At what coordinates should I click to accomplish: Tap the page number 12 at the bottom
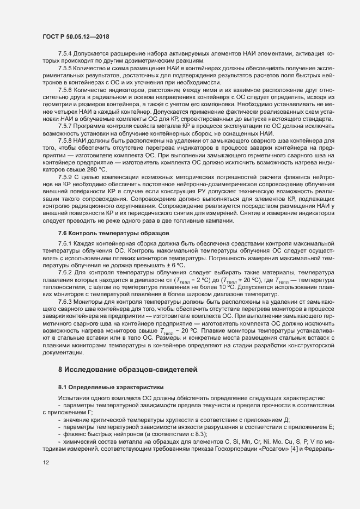pos(46,462)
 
